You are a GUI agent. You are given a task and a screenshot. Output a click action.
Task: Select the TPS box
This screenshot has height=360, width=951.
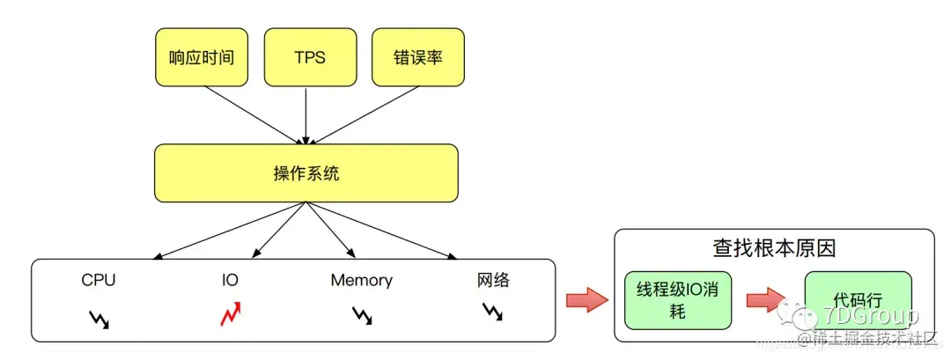click(x=307, y=57)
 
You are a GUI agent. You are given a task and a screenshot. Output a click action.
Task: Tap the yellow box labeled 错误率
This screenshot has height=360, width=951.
click(x=417, y=57)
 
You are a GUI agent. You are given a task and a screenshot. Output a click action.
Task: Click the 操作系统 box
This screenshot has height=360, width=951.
click(x=306, y=173)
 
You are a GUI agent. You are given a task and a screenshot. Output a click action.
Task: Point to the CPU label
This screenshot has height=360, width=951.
click(x=99, y=281)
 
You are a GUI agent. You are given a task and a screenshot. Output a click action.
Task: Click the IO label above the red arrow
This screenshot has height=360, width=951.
click(x=230, y=281)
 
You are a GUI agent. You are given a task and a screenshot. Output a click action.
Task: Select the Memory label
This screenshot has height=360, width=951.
click(x=361, y=281)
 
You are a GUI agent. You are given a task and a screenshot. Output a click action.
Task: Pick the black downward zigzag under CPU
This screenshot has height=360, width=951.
click(x=99, y=317)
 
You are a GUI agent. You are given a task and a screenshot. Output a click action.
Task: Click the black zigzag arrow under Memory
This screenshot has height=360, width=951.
click(x=361, y=315)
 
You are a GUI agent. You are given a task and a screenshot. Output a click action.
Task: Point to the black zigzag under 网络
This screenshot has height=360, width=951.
click(x=493, y=311)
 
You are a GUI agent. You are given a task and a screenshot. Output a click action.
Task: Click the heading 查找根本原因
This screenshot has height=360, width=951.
click(x=773, y=248)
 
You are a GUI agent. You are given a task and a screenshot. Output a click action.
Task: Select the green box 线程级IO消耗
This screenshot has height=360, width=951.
click(x=678, y=300)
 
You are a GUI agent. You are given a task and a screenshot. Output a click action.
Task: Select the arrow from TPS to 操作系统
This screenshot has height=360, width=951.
click(x=306, y=114)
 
